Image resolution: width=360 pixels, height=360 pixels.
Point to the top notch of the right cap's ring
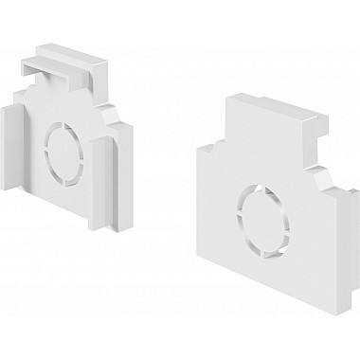click(262, 184)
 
